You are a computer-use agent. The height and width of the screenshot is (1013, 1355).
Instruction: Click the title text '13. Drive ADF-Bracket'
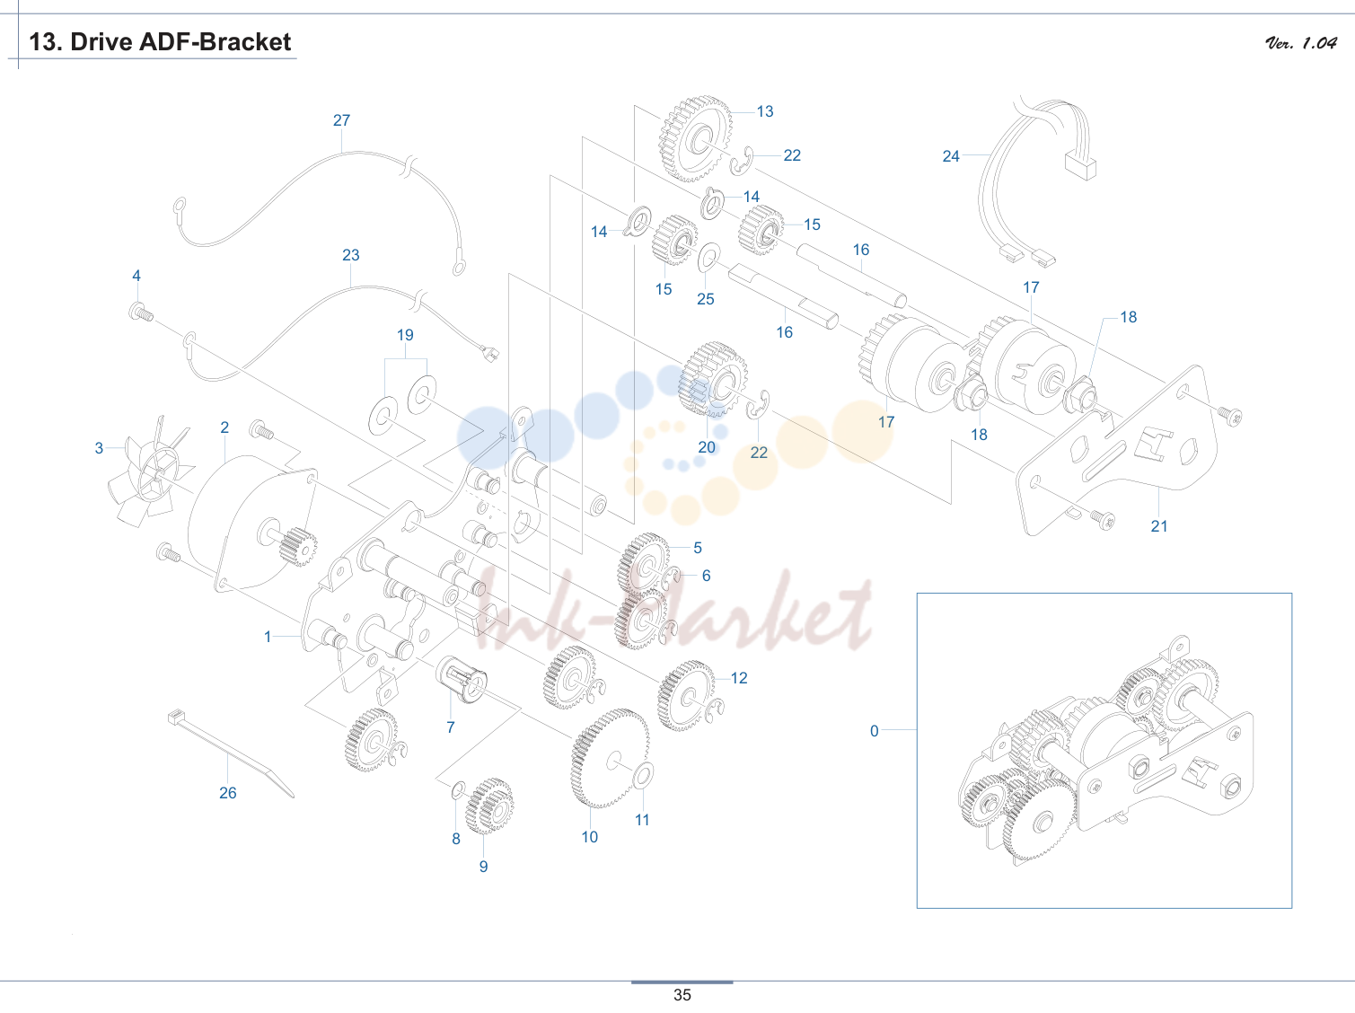coord(160,42)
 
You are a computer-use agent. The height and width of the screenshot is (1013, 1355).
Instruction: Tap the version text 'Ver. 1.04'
coord(1301,42)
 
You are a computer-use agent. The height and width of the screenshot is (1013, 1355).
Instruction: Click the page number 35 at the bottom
coord(682,995)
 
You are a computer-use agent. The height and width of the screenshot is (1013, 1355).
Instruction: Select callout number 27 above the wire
coord(341,120)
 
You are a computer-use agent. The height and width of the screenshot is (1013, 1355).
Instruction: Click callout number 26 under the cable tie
coord(228,793)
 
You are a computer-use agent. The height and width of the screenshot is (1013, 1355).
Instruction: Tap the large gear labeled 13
coord(696,139)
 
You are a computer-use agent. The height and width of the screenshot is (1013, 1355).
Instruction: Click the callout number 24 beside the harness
coord(951,156)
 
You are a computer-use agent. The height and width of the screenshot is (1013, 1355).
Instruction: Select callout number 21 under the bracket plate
coord(1159,526)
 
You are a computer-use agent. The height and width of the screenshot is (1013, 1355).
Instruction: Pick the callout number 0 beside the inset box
coord(874,731)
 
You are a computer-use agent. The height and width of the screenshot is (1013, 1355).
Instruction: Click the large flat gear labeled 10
coord(610,759)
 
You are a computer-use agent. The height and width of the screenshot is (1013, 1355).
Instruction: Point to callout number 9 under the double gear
coord(483,866)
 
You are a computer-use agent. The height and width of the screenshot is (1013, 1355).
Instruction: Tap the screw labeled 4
coord(141,311)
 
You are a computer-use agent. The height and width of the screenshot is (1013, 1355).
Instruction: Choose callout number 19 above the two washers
coord(405,335)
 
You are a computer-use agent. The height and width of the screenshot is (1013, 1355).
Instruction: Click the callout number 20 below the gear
coord(706,447)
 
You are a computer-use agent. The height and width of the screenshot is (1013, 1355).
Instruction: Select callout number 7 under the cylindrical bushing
coord(451,727)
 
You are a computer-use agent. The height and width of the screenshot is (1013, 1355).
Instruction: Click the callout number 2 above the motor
coord(224,427)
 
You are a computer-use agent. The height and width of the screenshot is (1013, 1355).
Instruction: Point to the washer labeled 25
coord(708,258)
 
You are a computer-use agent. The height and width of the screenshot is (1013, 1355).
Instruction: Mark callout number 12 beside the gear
coord(739,678)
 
